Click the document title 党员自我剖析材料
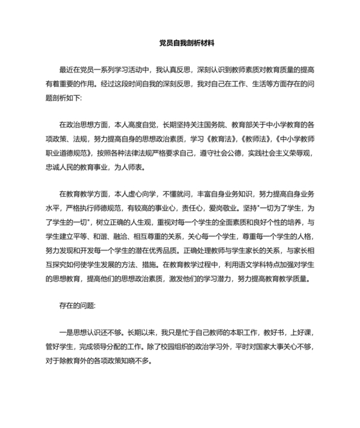pyautogui.click(x=186, y=44)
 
